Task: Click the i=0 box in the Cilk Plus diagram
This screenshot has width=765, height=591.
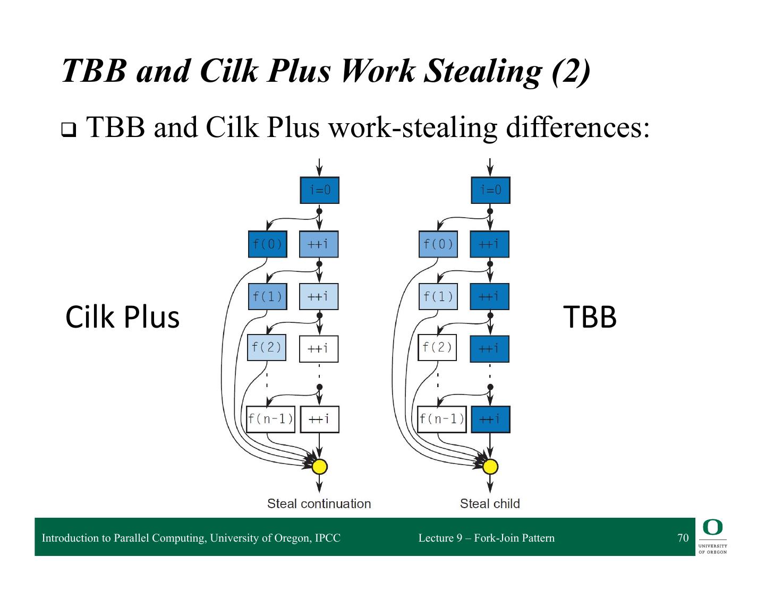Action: tap(319, 190)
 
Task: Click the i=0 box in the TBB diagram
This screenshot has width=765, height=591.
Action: tap(490, 190)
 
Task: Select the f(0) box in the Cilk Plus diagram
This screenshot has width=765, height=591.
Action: tap(268, 244)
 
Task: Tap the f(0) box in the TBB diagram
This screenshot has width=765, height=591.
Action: tap(438, 244)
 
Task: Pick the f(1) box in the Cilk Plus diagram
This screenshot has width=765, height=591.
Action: tap(268, 296)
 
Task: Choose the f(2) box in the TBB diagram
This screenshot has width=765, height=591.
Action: tap(437, 348)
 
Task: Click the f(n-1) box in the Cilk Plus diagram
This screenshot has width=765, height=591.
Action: tap(270, 419)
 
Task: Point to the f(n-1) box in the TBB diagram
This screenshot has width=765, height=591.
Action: tap(441, 419)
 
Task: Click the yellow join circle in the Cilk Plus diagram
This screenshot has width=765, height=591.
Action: tap(320, 467)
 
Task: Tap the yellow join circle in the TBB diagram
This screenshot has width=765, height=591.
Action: tap(490, 467)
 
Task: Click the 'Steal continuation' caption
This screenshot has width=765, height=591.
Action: tap(319, 504)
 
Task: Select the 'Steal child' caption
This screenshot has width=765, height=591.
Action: tap(490, 504)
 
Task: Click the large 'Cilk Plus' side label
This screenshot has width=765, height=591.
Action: tap(123, 318)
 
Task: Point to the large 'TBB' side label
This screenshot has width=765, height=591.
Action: tap(590, 317)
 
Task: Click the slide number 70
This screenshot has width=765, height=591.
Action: tap(683, 537)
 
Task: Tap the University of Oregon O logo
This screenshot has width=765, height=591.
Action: tap(712, 527)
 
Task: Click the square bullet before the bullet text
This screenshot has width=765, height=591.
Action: tap(69, 130)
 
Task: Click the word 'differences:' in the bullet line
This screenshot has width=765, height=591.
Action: tap(577, 127)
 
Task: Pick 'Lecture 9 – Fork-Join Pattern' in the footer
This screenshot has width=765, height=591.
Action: tap(486, 538)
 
